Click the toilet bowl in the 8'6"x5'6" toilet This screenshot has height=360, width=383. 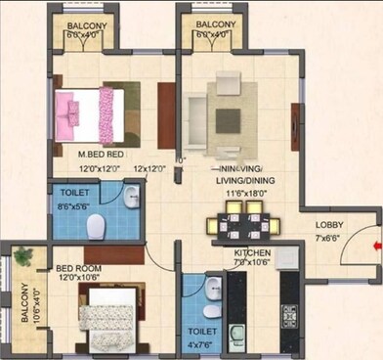[96, 228]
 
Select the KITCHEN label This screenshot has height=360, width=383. [252, 251]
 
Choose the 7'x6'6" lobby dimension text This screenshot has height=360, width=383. [327, 238]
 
